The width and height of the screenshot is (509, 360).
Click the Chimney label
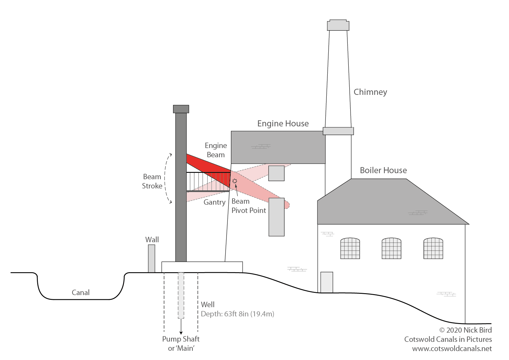click(x=370, y=92)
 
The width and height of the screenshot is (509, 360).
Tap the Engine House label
click(x=283, y=124)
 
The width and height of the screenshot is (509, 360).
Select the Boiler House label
click(x=383, y=170)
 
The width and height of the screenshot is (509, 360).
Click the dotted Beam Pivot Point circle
click(x=235, y=181)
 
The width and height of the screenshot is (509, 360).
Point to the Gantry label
click(x=214, y=202)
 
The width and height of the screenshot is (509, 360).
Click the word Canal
click(x=80, y=292)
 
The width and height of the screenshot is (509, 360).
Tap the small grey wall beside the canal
click(x=151, y=258)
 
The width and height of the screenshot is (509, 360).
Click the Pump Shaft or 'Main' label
click(x=181, y=343)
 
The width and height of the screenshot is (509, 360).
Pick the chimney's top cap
click(x=338, y=25)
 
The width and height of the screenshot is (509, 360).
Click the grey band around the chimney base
click(x=338, y=131)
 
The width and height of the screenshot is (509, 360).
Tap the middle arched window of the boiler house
click(x=391, y=248)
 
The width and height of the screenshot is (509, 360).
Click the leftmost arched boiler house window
click(x=350, y=248)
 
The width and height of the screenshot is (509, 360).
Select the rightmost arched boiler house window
click(x=433, y=248)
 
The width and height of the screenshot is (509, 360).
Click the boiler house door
click(x=326, y=282)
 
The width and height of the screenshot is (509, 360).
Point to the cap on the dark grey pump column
click(x=181, y=109)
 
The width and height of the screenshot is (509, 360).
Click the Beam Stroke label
click(x=152, y=181)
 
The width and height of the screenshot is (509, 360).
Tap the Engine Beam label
click(x=216, y=150)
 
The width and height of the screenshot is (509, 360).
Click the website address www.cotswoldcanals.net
click(x=452, y=349)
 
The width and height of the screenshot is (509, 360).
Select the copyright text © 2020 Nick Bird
click(x=465, y=330)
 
